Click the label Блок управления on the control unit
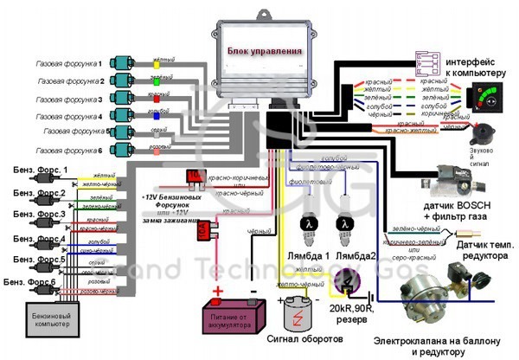(265, 51)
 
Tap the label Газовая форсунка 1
(68, 63)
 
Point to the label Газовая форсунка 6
(68, 149)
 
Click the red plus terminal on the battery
(218, 290)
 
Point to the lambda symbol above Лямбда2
(343, 223)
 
